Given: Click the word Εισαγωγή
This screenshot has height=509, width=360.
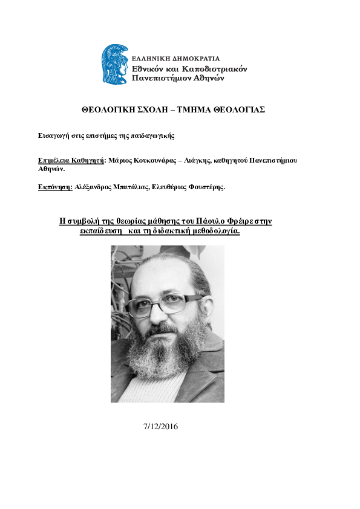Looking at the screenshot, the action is [x=53, y=135].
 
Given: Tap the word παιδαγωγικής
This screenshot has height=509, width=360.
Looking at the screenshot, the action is [x=154, y=135].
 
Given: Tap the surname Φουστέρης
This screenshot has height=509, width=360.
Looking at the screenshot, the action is [x=206, y=187].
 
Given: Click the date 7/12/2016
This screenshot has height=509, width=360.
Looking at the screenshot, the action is [x=161, y=427].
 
